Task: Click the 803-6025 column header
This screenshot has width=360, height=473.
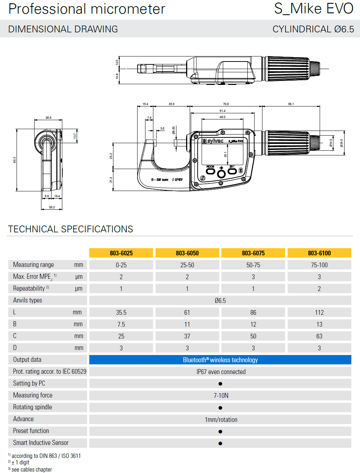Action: coord(121,253)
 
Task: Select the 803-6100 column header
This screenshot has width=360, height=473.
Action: coord(319,253)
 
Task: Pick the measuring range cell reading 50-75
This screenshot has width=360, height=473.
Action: coord(253,265)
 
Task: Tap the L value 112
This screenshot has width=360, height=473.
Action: coord(319,313)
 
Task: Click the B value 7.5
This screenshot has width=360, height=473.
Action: coord(121,324)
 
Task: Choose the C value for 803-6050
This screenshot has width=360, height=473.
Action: coord(187,336)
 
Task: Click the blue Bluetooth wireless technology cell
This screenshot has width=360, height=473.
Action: coord(220,360)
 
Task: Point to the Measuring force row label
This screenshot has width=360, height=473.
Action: coord(33,395)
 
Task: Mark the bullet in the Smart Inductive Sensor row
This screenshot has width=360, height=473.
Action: coord(220,444)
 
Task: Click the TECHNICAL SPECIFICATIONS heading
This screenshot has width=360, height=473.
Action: coord(71,229)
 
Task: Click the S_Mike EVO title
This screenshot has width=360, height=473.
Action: coord(314,9)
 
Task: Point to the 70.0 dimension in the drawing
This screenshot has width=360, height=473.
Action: coord(226,104)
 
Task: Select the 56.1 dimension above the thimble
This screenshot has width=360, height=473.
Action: coord(291,104)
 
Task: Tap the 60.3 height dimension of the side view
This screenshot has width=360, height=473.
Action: coord(15,160)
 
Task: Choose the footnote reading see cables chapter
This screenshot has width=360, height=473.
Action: coord(32,469)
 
